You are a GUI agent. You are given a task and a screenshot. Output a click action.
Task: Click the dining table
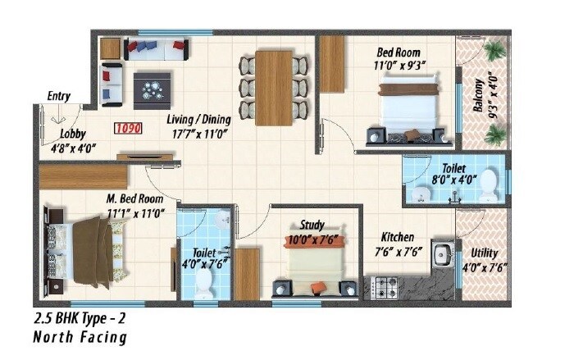(274, 87)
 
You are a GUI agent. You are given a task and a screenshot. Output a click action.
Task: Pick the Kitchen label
(394, 236)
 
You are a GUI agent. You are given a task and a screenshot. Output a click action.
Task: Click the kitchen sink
(444, 254)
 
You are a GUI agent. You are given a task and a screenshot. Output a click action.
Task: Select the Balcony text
(478, 97)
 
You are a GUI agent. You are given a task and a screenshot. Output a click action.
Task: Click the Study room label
(312, 225)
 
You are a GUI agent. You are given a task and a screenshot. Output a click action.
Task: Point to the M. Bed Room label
(134, 198)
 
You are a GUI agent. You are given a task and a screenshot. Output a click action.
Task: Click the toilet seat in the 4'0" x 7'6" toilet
(203, 283)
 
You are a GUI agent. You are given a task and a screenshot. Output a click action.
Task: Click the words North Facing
(80, 337)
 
